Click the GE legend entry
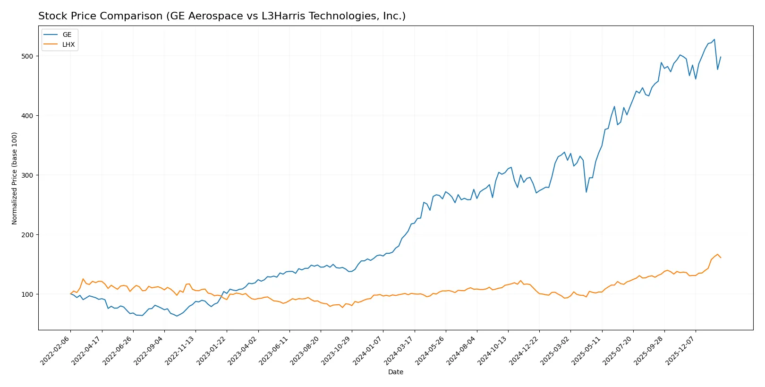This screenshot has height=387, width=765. pos(67,34)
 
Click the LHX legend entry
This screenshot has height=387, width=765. pos(68,44)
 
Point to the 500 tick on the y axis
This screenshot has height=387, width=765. pos(27,56)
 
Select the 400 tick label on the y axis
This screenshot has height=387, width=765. pos(27,116)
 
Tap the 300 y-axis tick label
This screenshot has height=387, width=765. pos(27,175)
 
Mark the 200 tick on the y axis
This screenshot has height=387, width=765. pos(27,235)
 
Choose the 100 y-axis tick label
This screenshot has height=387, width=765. pos(27,294)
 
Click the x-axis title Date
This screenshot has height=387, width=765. pos(395,372)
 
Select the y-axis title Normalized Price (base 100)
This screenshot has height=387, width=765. pos(15,178)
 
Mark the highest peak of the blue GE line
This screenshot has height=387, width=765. pos(714,40)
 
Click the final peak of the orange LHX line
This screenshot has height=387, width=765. pos(717,254)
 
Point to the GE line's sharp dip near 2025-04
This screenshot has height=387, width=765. pos(586,191)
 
